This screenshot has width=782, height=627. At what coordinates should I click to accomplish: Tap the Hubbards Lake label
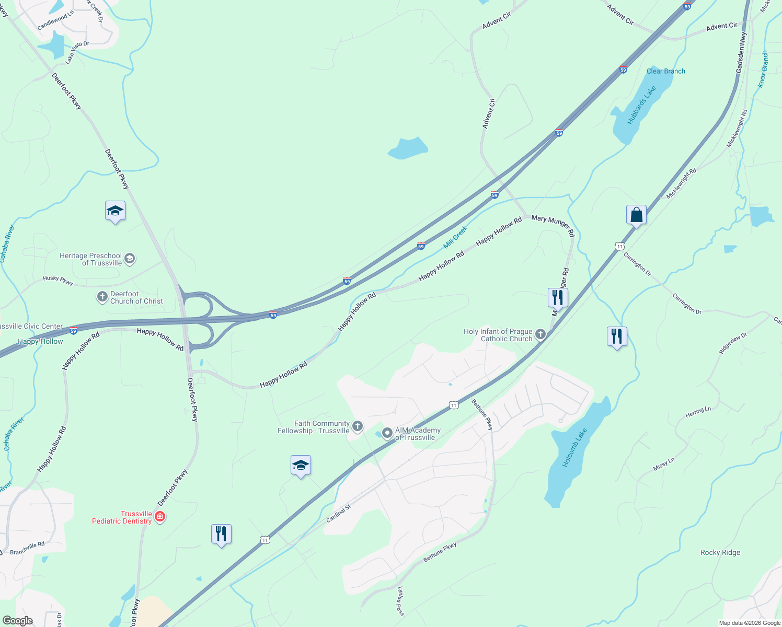[x=641, y=105]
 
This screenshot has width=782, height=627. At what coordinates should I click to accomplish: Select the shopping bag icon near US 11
[x=636, y=215]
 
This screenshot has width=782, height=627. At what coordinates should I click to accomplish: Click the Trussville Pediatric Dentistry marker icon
[x=160, y=517]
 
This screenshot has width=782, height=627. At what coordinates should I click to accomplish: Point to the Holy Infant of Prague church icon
[x=540, y=334]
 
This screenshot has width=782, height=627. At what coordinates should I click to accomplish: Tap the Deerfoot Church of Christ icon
[x=102, y=297]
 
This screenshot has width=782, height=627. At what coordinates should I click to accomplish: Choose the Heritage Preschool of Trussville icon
[x=130, y=259]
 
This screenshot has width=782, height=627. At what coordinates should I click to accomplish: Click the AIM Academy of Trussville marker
[x=387, y=433]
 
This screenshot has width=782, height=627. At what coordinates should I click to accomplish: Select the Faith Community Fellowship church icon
[x=358, y=426]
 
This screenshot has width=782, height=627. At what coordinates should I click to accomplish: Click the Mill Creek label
[x=455, y=237]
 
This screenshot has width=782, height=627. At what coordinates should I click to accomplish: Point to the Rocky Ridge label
[x=720, y=552]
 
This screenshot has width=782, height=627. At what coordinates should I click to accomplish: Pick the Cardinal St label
[x=339, y=514]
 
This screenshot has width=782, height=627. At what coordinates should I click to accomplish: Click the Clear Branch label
[x=665, y=71]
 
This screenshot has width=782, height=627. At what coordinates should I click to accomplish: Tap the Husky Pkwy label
[x=58, y=281]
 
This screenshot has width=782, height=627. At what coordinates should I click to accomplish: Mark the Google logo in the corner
[x=17, y=621]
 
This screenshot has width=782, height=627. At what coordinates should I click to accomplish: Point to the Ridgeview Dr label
[x=733, y=344]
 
